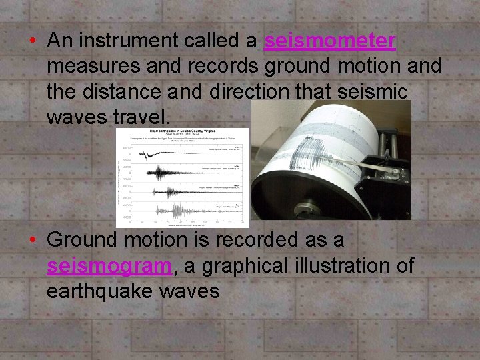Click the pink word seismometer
click(x=330, y=41)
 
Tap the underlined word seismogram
click(x=109, y=266)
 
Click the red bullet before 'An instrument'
click(x=32, y=41)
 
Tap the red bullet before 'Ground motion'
click(x=32, y=239)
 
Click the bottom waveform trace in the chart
click(x=177, y=211)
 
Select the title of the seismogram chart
click(x=183, y=131)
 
